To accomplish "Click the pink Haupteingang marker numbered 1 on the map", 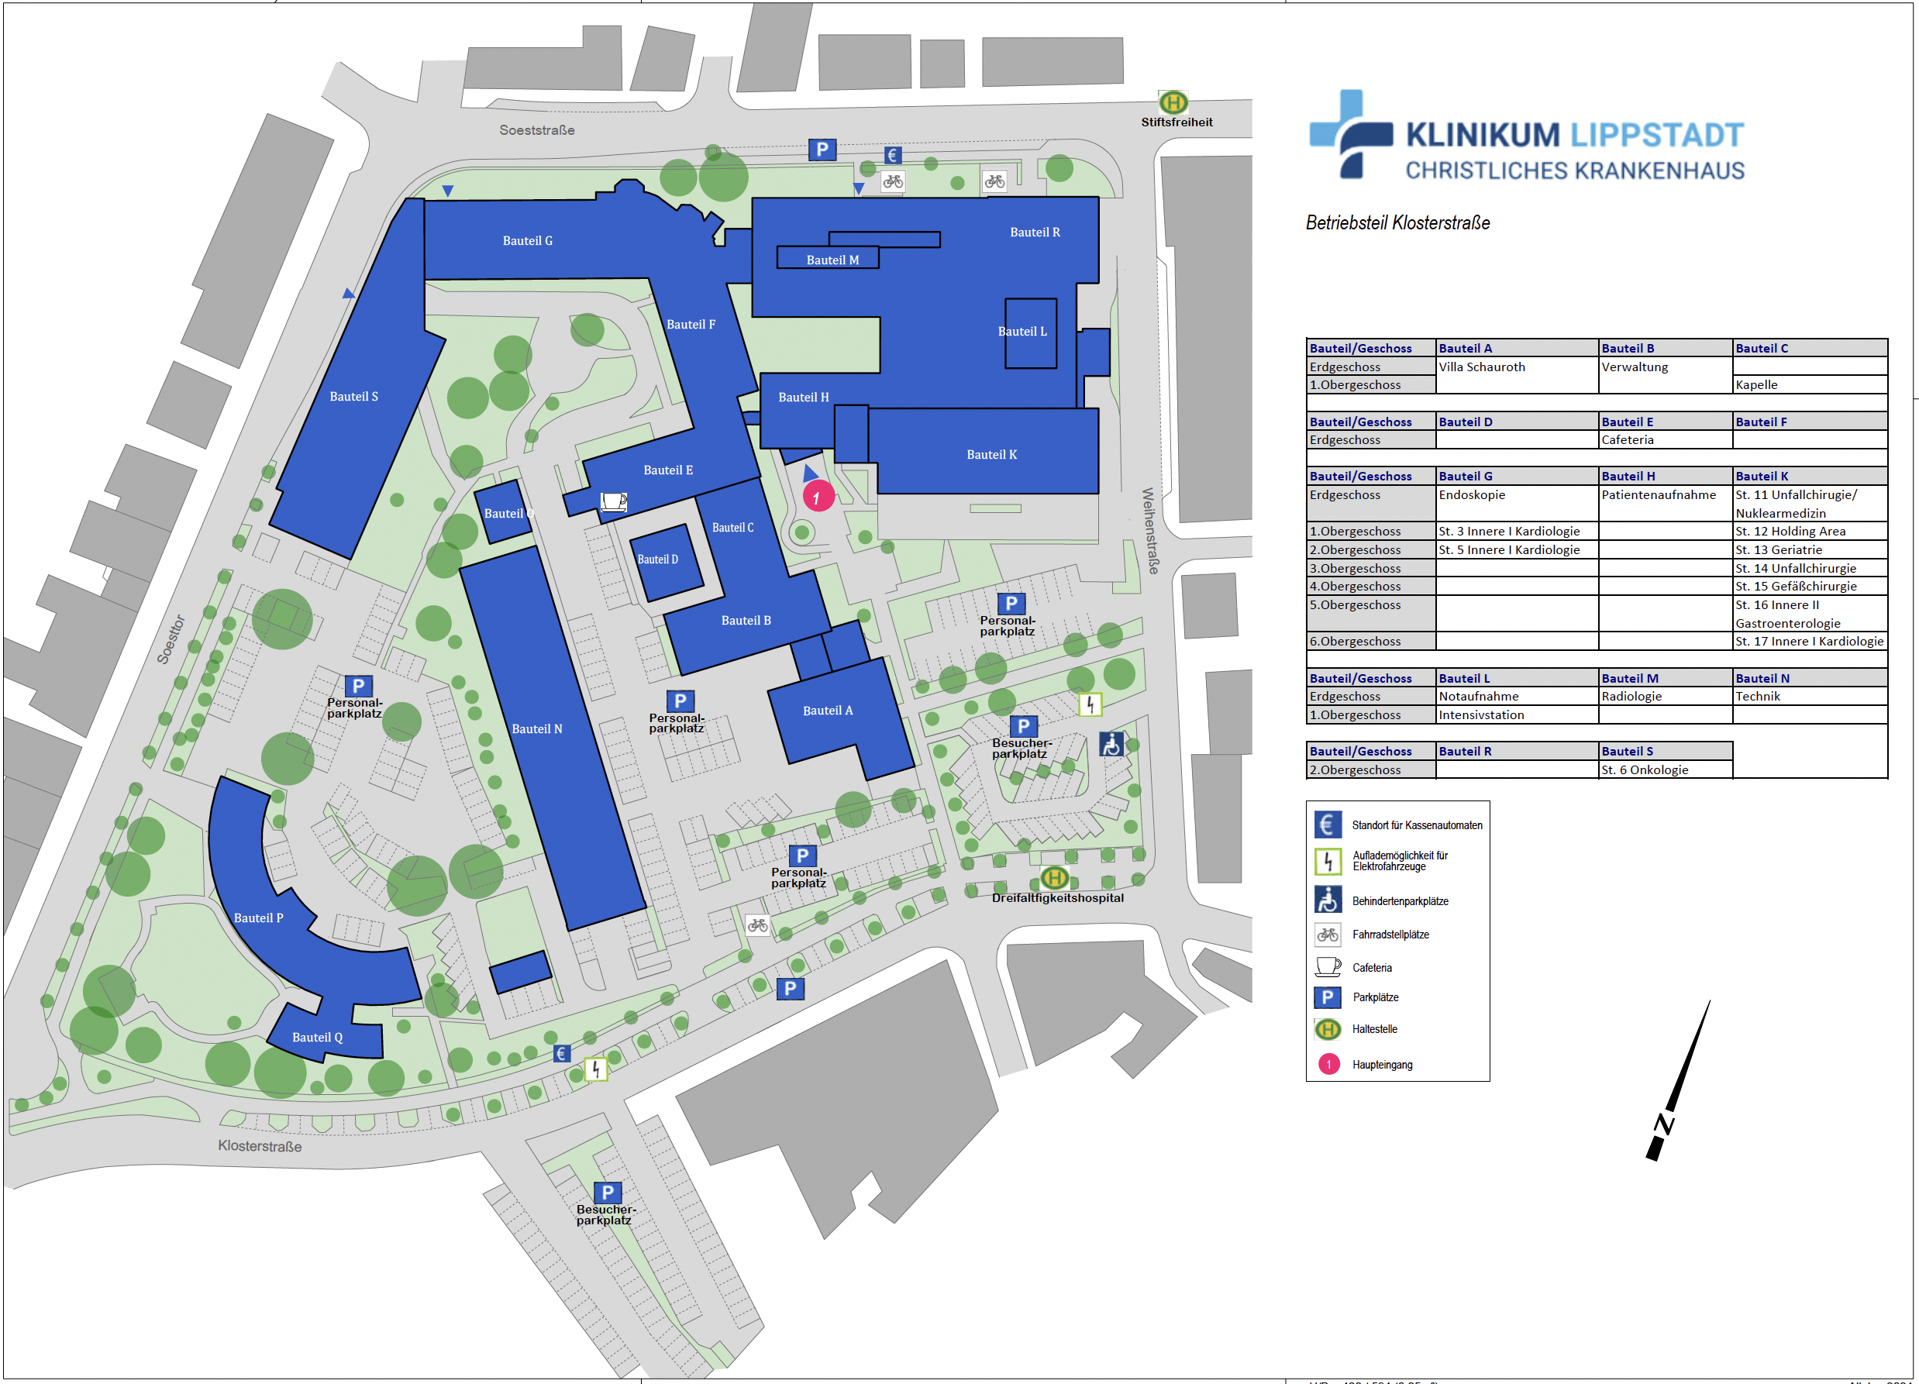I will coord(818,497).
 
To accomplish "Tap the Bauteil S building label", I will coord(353,397).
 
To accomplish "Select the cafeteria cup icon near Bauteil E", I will coord(613,501).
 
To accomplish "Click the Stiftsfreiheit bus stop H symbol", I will coord(1173,102).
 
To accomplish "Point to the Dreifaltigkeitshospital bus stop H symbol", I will coord(1054,877).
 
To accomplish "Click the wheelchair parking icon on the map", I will coord(1111,745).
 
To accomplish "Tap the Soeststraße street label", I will coord(536,130).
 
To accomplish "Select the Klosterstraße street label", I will coord(260,1146).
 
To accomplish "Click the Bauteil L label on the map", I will coord(1022,332).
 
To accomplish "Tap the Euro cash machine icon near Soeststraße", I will coord(892,156).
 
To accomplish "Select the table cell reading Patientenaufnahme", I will coord(1659,495).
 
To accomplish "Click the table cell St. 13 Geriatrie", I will coord(1779,550).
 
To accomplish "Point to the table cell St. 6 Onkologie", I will coord(1644,769).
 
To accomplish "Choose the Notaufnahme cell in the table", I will coord(1478,696).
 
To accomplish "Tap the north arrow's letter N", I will coord(1664,1124).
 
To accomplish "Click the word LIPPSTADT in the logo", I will coord(1658,136).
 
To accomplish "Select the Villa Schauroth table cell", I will coord(1482,367).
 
